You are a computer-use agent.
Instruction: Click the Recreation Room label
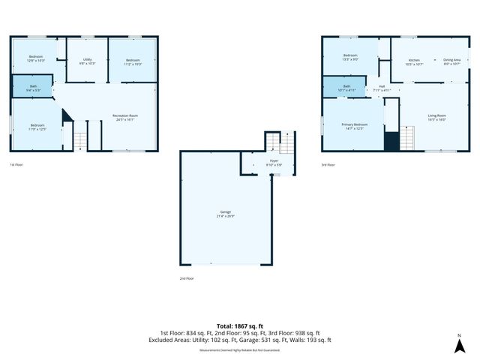tap(123, 115)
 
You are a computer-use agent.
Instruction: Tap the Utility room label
tap(88, 59)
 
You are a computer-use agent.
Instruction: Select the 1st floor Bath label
tap(34, 87)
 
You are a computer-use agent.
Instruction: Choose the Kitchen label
tap(414, 60)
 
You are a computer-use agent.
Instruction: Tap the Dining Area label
tap(451, 60)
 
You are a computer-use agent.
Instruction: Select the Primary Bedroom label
tap(354, 124)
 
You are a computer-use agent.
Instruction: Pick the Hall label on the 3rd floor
tap(382, 87)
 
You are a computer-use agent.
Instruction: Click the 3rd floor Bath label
tap(346, 87)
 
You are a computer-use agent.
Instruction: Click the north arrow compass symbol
tap(459, 345)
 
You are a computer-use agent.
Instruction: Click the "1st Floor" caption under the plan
tap(16, 164)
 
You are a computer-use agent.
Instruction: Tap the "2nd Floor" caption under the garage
tap(186, 278)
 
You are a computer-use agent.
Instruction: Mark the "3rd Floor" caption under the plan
tap(328, 164)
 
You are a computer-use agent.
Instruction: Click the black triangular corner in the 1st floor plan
tap(65, 116)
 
